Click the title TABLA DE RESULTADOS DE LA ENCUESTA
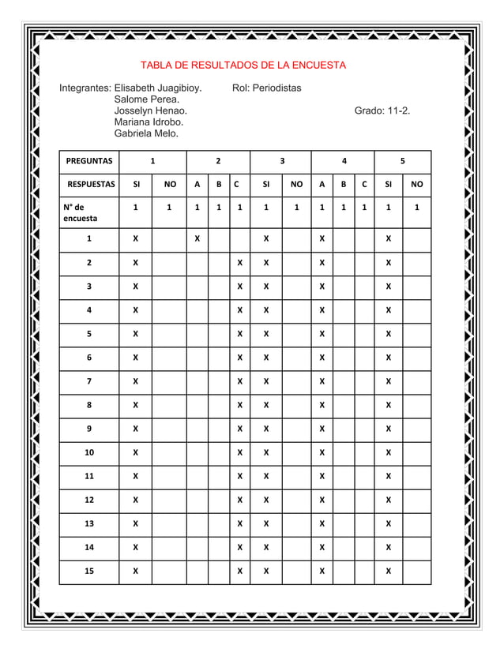(x=243, y=65)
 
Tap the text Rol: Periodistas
(x=267, y=88)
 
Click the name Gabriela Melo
(x=146, y=135)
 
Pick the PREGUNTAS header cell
(x=88, y=161)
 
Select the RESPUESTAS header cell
(x=88, y=185)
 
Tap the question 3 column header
(x=281, y=161)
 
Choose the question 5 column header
(x=402, y=161)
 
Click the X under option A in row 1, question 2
(x=197, y=238)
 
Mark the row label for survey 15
(x=88, y=570)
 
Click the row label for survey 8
(x=88, y=404)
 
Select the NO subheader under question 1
(x=169, y=185)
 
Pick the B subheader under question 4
(x=343, y=185)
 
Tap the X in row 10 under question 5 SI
(x=388, y=452)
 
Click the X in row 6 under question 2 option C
(x=239, y=357)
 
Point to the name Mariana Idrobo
(x=149, y=123)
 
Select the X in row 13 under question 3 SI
(x=266, y=523)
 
